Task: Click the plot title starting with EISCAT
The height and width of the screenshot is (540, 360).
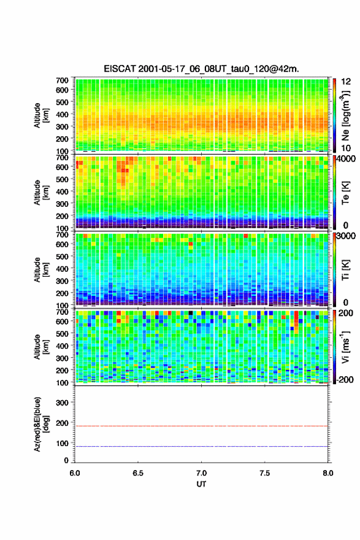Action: (201, 69)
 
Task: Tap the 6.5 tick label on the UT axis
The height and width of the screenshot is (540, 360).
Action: (137, 473)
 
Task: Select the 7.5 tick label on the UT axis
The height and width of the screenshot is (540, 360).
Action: (264, 473)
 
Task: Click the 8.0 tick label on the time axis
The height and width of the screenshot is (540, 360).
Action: (328, 473)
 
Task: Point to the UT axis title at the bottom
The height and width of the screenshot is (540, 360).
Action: (201, 484)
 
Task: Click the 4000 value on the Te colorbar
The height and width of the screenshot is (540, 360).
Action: (346, 159)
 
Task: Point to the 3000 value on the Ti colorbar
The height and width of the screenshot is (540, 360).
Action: (346, 236)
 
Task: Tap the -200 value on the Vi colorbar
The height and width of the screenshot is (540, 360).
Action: (345, 379)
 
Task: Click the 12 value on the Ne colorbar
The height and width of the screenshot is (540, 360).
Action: (346, 81)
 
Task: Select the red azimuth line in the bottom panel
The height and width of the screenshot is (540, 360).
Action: (201, 426)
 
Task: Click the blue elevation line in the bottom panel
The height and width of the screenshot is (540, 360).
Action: (201, 446)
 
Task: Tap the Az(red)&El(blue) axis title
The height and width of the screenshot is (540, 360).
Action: (40, 424)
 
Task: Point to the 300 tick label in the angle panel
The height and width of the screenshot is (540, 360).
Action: (62, 403)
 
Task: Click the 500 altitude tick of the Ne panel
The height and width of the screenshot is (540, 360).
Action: (62, 102)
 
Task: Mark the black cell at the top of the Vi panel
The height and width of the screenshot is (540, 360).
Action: (190, 313)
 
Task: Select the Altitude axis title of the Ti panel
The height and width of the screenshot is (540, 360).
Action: (40, 270)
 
